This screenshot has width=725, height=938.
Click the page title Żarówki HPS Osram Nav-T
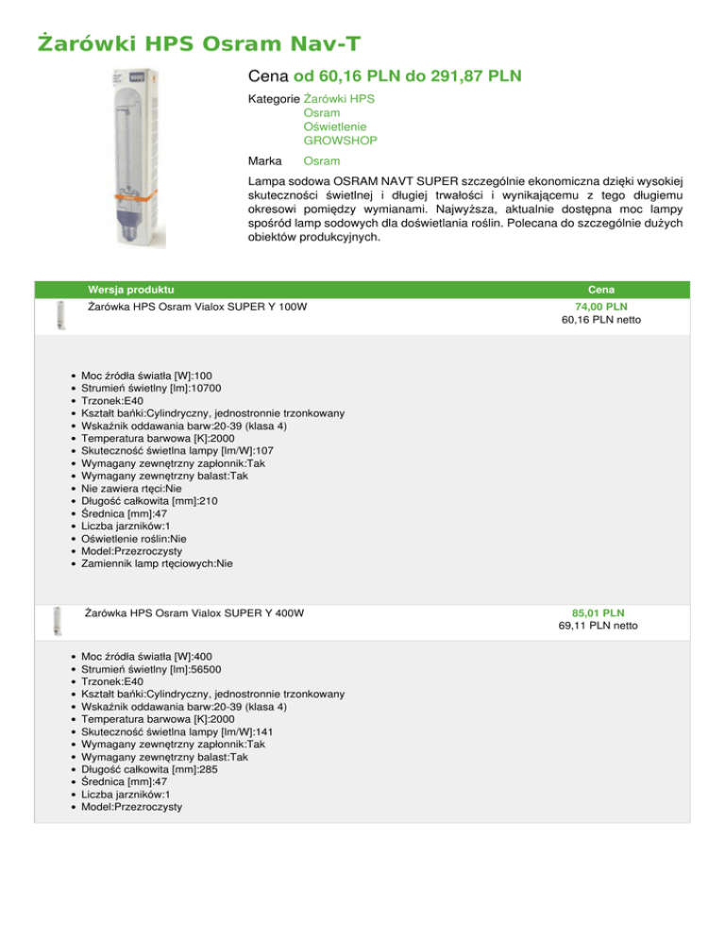coord(199,43)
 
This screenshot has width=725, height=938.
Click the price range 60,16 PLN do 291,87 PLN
coord(408,75)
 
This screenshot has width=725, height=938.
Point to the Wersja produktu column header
coord(129,288)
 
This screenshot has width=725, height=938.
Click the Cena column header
coord(602,288)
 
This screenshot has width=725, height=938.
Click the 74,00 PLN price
coord(602,308)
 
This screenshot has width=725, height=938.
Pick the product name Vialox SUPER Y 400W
coord(194,613)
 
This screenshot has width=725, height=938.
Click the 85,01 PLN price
coord(602,611)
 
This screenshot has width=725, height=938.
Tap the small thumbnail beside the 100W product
coord(60,312)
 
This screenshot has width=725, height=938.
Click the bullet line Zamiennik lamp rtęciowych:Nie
coord(158,563)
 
